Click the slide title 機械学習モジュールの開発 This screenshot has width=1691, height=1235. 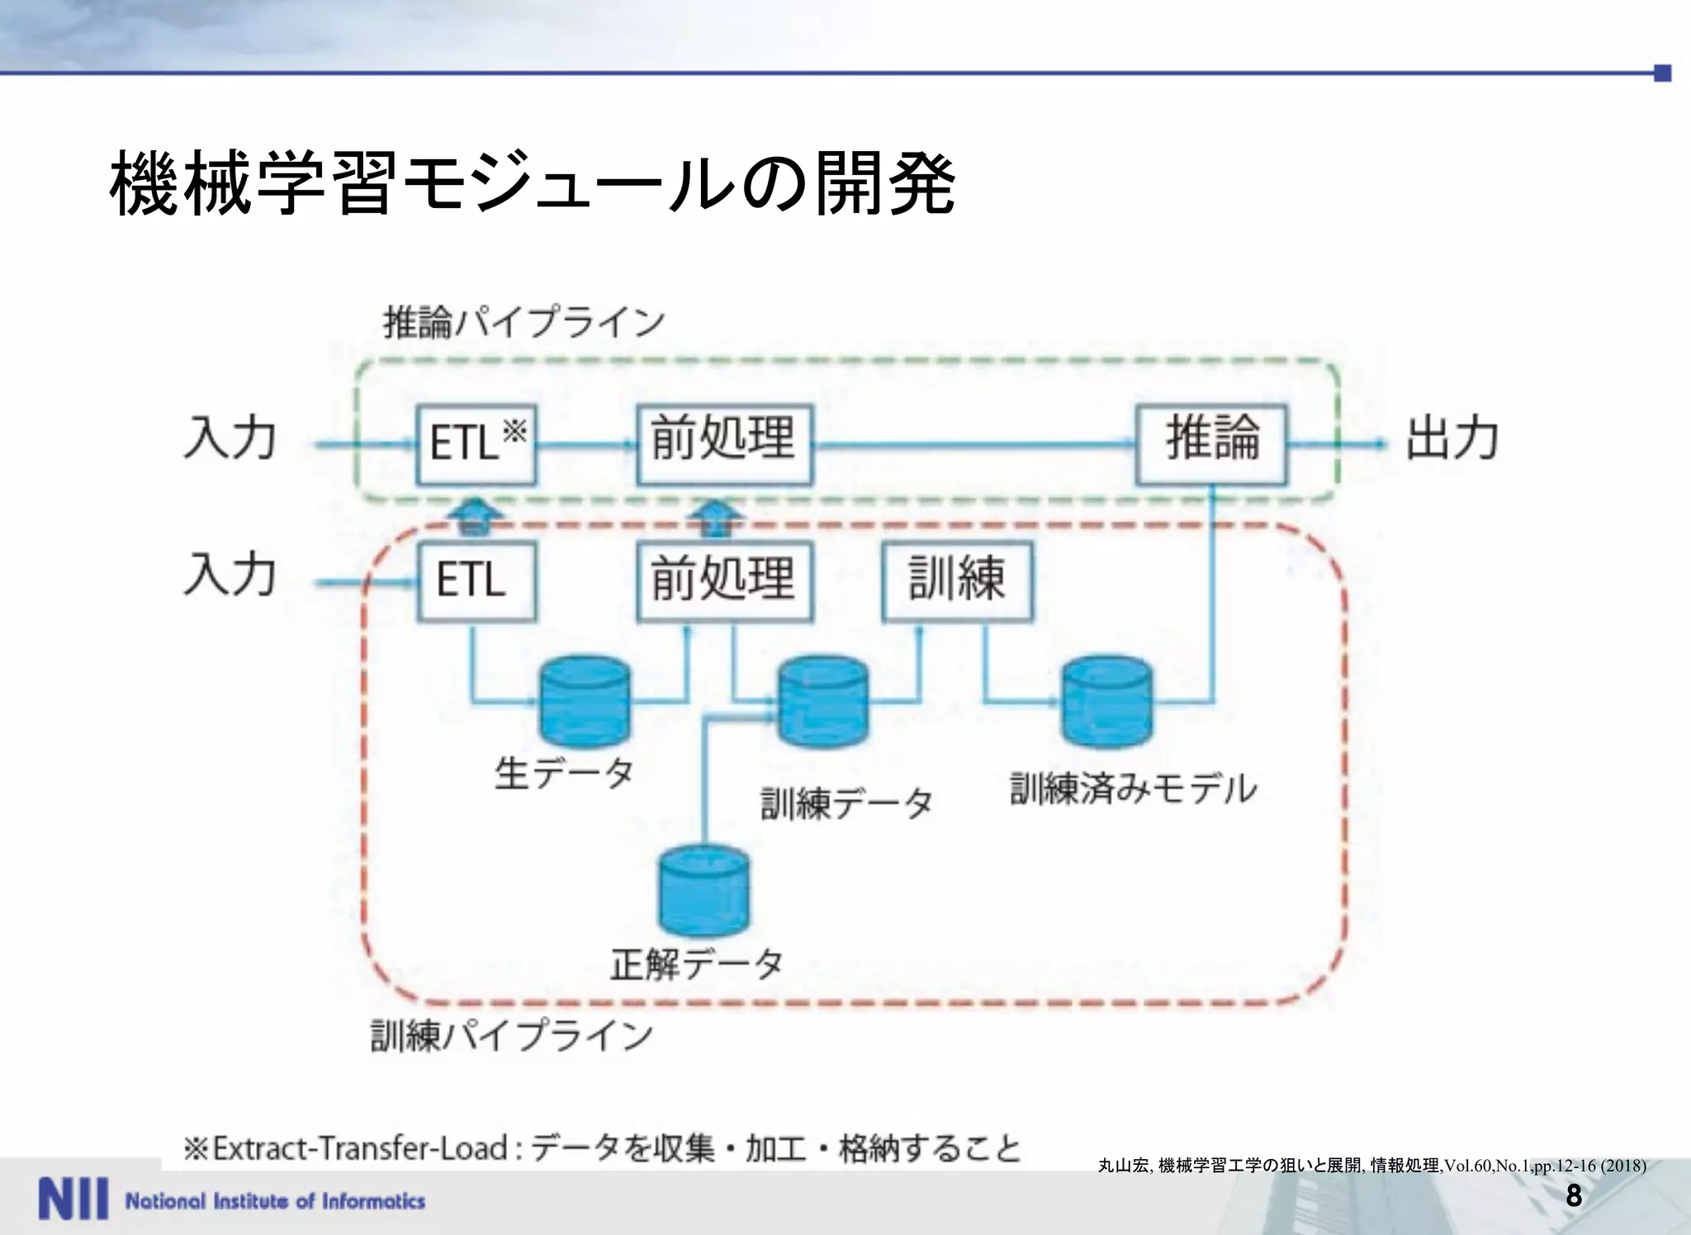tap(533, 183)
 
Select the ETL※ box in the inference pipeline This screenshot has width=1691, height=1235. tap(476, 443)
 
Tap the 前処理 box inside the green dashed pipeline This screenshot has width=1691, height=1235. tap(724, 443)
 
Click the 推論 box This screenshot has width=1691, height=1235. tap(1210, 443)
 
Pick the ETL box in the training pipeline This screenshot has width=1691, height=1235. tap(476, 580)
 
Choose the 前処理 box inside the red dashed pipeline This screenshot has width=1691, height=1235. tap(724, 580)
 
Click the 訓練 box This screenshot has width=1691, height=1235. tap(957, 580)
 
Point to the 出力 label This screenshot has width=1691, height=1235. tap(1452, 438)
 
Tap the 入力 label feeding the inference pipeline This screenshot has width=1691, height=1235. tap(230, 438)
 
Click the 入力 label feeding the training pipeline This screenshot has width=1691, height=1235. tap(230, 575)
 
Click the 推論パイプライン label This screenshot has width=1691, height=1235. tap(523, 322)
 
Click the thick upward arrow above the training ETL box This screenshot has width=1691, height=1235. tap(476, 516)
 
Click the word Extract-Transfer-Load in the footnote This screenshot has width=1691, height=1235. tap(360, 1148)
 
